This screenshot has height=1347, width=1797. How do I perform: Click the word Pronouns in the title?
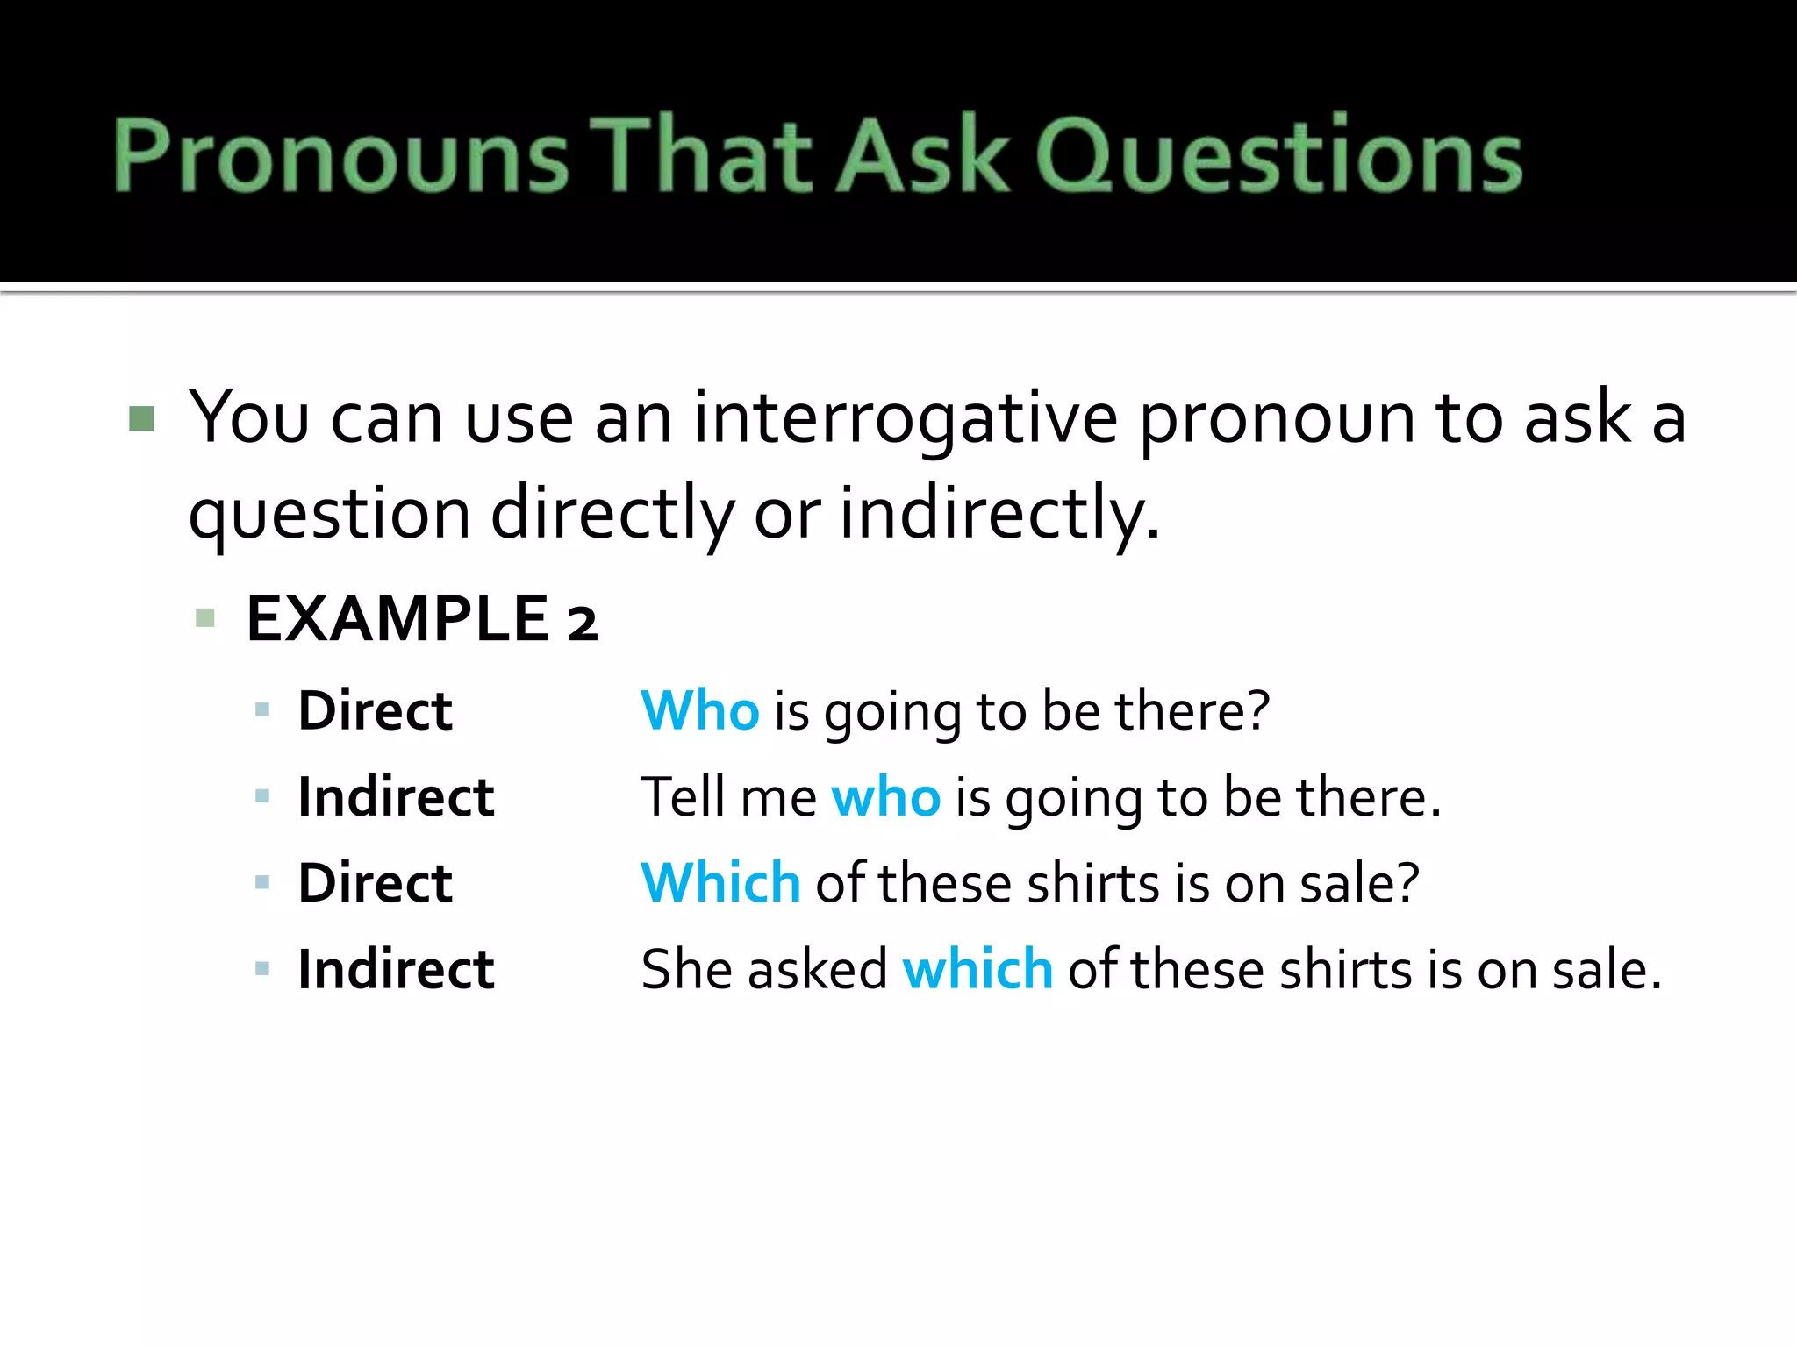340,156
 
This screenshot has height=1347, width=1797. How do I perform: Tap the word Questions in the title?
1279,156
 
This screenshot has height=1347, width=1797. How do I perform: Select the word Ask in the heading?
924,156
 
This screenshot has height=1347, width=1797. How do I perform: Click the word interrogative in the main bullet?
906,419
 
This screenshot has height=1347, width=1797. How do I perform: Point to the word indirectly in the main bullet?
999,514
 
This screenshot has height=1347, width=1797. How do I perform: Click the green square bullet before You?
141,418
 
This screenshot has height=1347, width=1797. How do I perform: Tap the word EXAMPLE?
397,619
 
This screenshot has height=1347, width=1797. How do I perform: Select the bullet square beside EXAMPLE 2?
205,618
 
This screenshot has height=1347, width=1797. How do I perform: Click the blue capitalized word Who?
699,710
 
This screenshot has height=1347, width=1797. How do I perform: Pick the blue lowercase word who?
885,798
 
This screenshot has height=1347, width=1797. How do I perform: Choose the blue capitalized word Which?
720,883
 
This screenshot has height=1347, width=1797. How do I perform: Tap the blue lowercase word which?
977,970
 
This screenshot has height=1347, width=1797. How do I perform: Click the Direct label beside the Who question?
375,710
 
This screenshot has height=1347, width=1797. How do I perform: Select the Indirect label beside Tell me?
396,797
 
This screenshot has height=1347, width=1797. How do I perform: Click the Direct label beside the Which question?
375,883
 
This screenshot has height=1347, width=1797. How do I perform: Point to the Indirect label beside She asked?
396,970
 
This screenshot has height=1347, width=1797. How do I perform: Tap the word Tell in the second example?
683,797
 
